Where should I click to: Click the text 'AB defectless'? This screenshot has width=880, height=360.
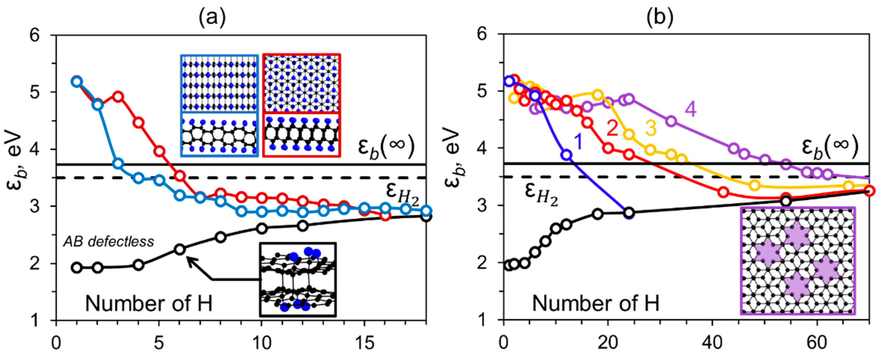[x=109, y=241]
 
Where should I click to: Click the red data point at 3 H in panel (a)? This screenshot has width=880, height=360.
[x=118, y=96]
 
